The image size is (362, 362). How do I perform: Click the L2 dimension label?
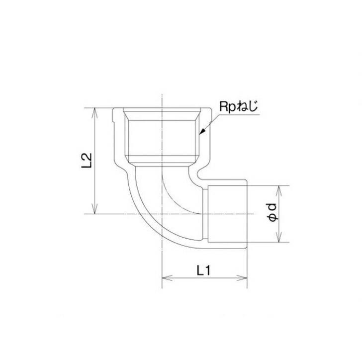(x=87, y=161)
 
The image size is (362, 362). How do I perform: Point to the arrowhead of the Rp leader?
(x=201, y=133)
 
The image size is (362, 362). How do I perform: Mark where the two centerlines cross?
(x=162, y=214)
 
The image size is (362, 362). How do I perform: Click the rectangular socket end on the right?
(x=226, y=214)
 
